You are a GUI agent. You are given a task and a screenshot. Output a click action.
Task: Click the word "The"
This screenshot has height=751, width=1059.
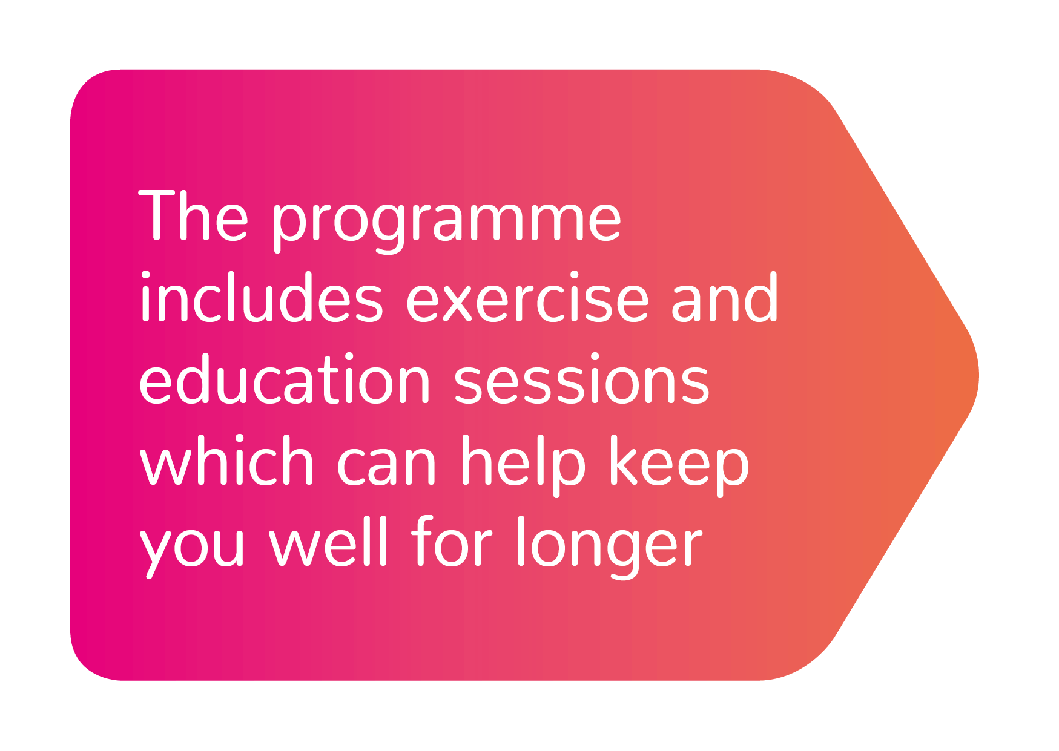[194, 215]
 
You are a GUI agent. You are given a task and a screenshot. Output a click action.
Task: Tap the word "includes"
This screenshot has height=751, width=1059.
[261, 297]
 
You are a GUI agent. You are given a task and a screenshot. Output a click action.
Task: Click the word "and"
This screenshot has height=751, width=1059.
[724, 297]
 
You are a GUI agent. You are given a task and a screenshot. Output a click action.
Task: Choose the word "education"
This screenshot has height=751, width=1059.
[285, 379]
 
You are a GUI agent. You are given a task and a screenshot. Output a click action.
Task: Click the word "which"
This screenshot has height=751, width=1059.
[226, 461]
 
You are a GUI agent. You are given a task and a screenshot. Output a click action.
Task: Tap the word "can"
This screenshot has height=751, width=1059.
[386, 467]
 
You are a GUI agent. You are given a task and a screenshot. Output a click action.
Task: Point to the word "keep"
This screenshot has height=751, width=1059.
[679, 465]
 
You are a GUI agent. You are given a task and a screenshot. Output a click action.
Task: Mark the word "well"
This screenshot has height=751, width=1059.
[328, 542]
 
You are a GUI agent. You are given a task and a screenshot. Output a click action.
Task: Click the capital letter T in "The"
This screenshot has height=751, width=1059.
[159, 215]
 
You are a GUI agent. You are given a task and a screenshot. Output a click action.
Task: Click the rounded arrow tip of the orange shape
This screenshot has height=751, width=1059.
[977, 375]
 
